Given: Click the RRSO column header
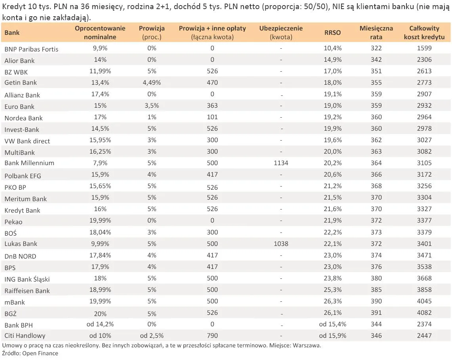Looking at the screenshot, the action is [x=332, y=32].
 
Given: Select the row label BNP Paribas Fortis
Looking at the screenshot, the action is [x=31, y=49].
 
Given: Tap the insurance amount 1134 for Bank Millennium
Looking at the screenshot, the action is [x=281, y=163].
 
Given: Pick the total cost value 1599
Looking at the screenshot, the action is [x=424, y=48].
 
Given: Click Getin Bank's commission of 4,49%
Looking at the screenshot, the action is [x=152, y=83].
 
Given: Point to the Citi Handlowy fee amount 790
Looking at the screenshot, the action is [x=212, y=336].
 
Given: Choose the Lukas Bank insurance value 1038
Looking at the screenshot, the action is [x=281, y=244].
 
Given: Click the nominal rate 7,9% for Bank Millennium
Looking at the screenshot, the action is [x=100, y=163].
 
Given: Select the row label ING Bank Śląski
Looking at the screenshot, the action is [x=27, y=279].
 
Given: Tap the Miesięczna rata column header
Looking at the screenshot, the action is [x=376, y=32].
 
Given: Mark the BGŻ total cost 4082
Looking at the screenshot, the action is [x=424, y=313].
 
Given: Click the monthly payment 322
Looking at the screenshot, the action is [x=376, y=48].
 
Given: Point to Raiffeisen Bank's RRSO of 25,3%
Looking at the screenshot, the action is [x=332, y=290].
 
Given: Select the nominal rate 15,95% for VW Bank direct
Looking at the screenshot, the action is [x=100, y=140].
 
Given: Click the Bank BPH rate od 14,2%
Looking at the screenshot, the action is [x=100, y=324].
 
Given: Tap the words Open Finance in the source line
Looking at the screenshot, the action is [x=40, y=353].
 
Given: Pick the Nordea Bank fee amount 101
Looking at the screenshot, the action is [x=212, y=117].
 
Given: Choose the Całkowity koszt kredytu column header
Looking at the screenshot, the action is [x=424, y=32].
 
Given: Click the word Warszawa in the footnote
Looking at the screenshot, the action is [x=307, y=345].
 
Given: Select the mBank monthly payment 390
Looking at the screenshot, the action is [x=376, y=301].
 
